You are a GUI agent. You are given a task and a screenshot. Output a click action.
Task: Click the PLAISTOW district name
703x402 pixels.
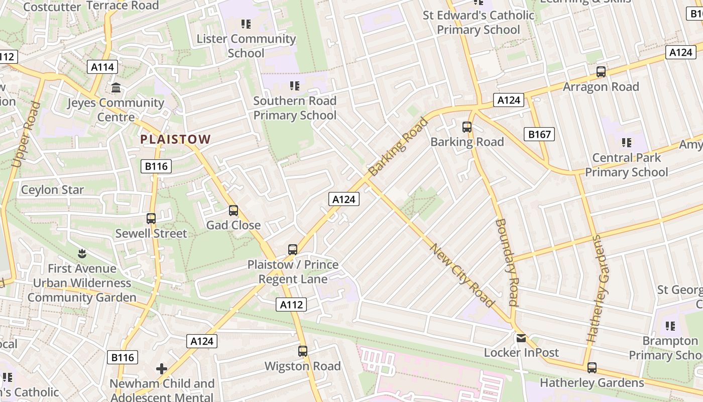[175, 139]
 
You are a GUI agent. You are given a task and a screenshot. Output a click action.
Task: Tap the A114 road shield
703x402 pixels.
[102, 67]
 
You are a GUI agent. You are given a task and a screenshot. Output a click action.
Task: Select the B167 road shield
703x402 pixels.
[540, 134]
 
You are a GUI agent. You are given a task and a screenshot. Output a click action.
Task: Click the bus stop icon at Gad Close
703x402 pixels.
[233, 211]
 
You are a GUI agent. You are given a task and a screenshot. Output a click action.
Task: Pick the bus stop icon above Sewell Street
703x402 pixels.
[151, 219]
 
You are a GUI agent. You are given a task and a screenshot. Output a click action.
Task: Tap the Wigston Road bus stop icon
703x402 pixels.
[303, 351]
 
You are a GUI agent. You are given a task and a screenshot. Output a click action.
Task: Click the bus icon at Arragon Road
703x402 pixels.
[601, 72]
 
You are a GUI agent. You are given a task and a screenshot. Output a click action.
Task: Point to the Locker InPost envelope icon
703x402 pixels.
[521, 338]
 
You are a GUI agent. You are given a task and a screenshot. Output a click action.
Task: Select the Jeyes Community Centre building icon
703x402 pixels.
[116, 88]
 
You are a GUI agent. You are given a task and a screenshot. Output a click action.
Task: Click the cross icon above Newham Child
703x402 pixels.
[162, 369]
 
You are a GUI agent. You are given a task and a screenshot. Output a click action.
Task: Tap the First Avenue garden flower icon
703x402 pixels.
[82, 254]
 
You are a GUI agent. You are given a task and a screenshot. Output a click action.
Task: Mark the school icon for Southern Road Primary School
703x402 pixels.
[295, 86]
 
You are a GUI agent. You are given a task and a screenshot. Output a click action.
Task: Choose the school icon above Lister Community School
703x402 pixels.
[246, 24]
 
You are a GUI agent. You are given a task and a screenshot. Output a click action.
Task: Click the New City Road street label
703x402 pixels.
[462, 275]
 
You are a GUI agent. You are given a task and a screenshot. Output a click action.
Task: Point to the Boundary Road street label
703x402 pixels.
[506, 262]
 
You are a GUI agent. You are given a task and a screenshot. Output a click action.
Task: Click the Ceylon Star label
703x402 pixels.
[52, 190]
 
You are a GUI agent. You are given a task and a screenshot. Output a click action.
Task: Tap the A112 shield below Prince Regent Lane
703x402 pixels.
[291, 304]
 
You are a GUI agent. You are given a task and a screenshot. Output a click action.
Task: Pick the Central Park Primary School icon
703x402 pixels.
[626, 143]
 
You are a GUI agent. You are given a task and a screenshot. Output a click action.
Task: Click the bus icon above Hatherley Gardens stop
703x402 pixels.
[592, 368]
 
